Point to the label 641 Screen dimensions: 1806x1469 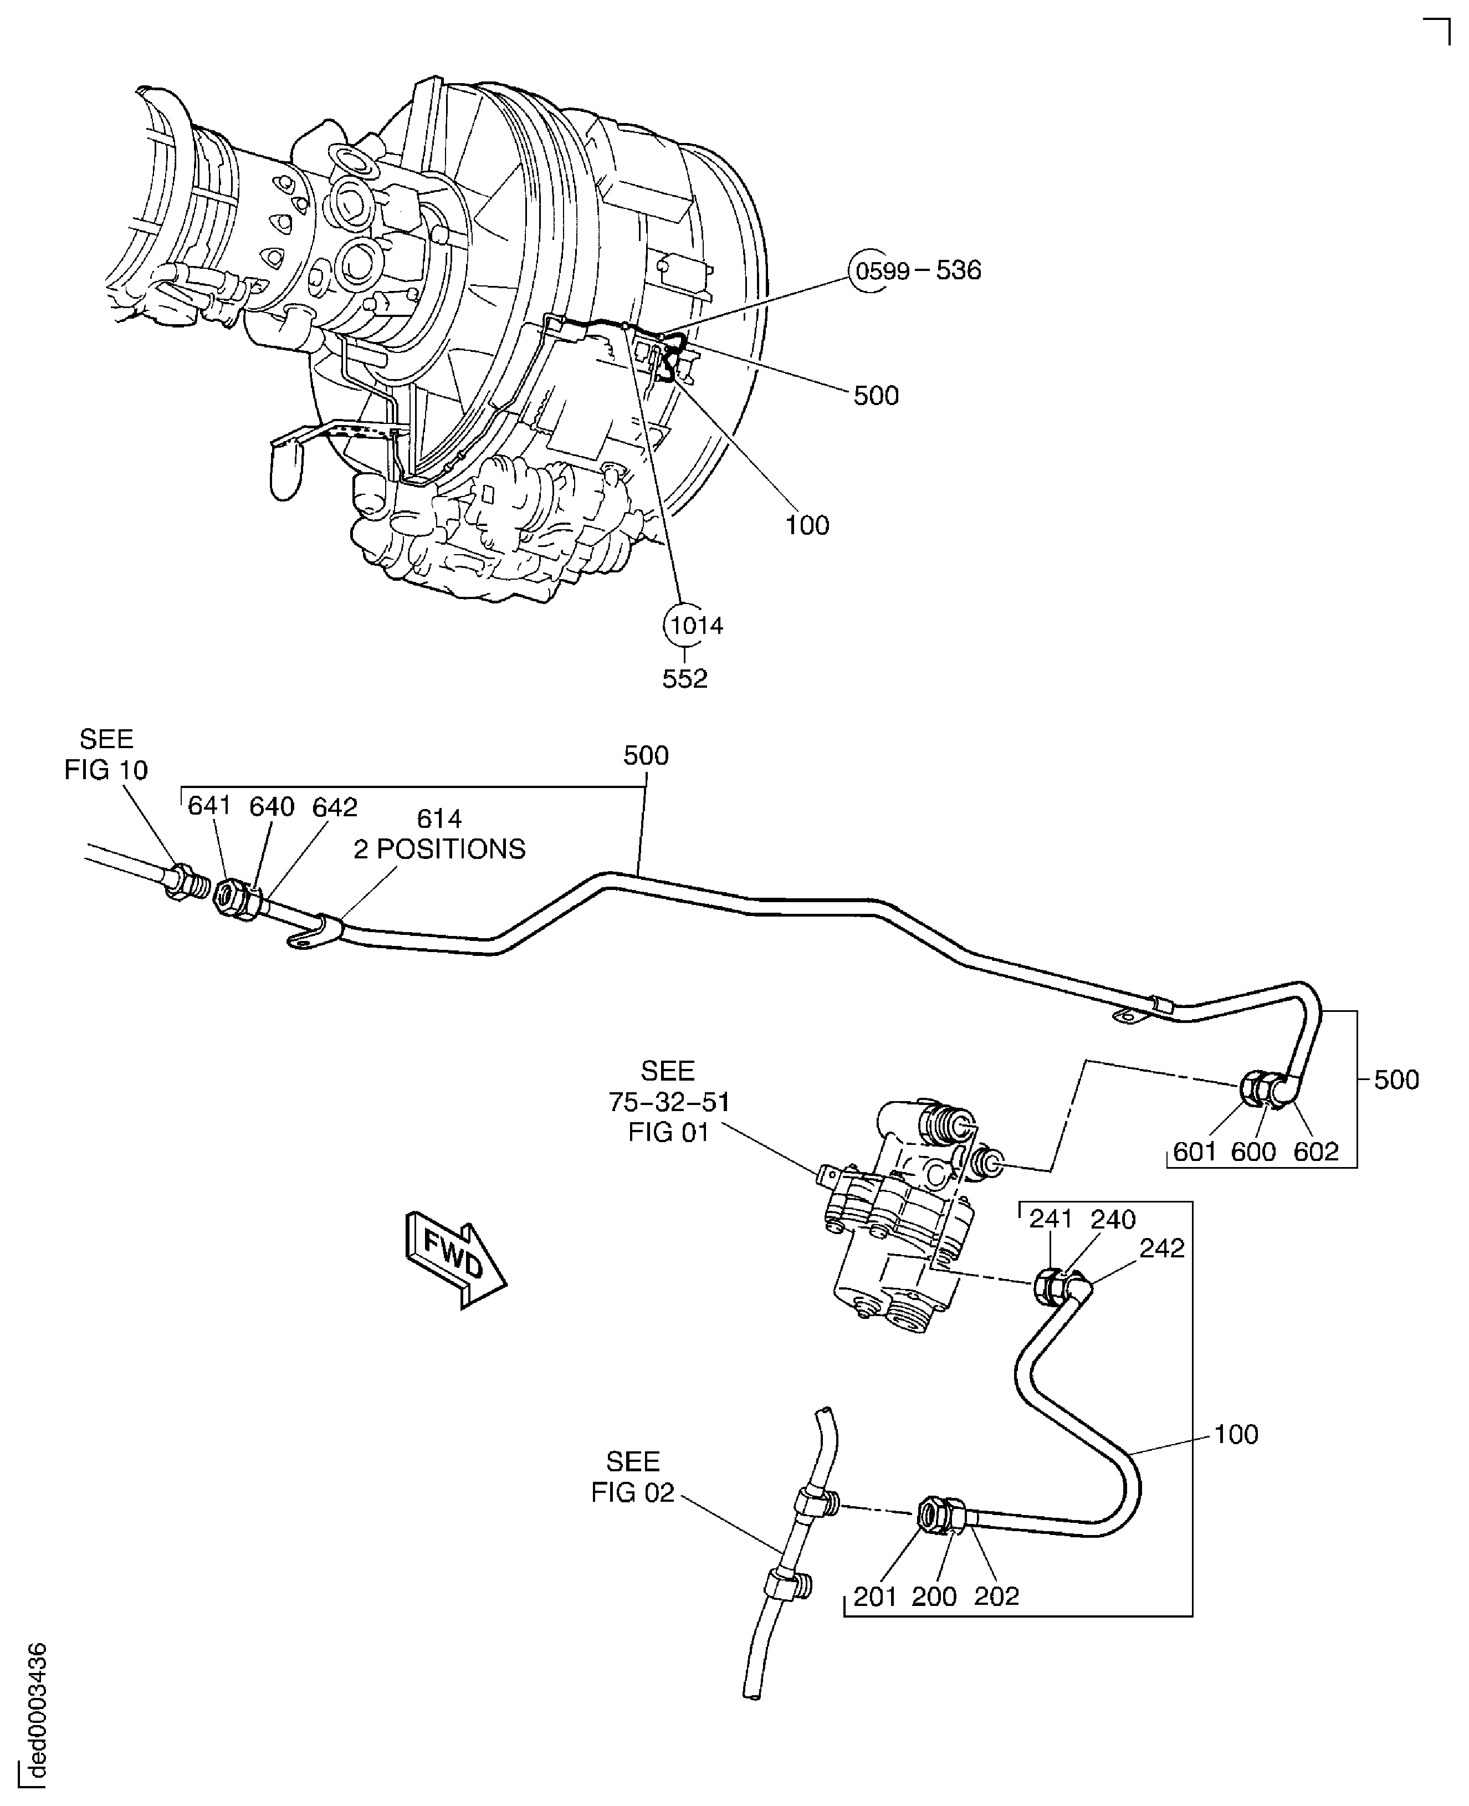click(x=209, y=806)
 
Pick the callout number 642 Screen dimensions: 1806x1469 click(x=334, y=807)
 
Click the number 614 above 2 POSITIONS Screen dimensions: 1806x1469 click(x=439, y=818)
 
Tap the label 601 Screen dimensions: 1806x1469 click(x=1195, y=1151)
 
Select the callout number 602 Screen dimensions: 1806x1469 click(x=1316, y=1151)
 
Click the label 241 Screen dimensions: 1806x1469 click(x=1050, y=1220)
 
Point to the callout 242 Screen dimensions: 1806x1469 click(x=1162, y=1249)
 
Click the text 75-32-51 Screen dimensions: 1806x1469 click(x=668, y=1102)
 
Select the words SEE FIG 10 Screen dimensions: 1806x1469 click(x=106, y=754)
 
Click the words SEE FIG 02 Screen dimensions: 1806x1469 click(x=633, y=1477)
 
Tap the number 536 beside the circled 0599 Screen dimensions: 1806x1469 click(x=958, y=271)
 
